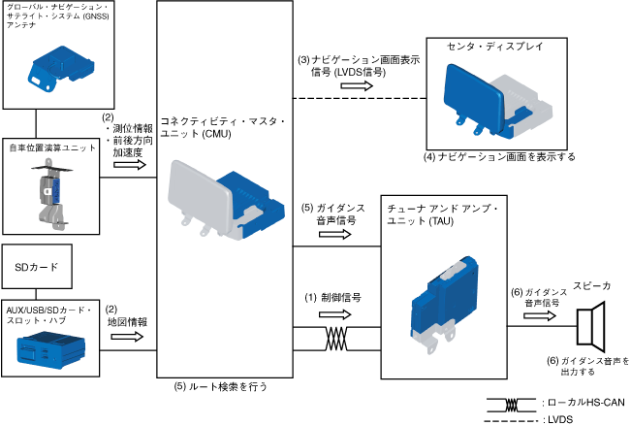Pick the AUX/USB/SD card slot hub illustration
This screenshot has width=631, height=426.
coord(51,346)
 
